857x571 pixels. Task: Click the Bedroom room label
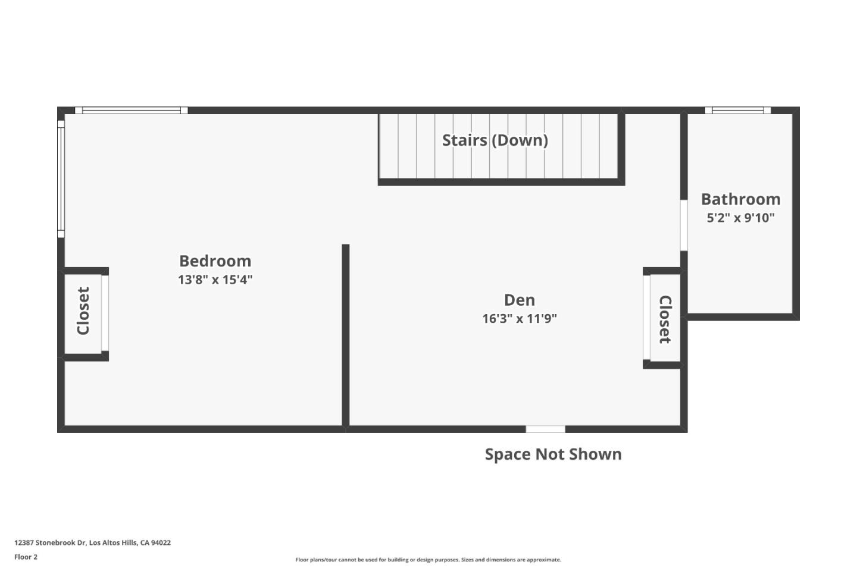pyautogui.click(x=215, y=261)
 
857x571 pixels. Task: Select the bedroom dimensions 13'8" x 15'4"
pyautogui.click(x=215, y=280)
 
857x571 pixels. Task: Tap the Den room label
pyautogui.click(x=519, y=300)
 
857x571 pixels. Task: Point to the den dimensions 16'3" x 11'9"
pyautogui.click(x=519, y=319)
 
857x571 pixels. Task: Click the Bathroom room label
pyautogui.click(x=740, y=199)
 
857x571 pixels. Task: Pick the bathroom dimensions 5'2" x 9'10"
pyautogui.click(x=740, y=218)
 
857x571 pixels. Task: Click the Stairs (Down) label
pyautogui.click(x=495, y=140)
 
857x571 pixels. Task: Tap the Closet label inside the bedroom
pyautogui.click(x=83, y=311)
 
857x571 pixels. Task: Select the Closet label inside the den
pyautogui.click(x=665, y=319)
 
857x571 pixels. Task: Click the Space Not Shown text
pyautogui.click(x=553, y=454)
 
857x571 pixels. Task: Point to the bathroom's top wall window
pyautogui.click(x=738, y=110)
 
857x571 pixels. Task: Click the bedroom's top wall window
pyautogui.click(x=132, y=110)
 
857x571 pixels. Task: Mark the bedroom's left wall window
pyautogui.click(x=61, y=179)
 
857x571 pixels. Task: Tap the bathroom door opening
pyautogui.click(x=684, y=225)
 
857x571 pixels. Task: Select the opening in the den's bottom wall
pyautogui.click(x=545, y=429)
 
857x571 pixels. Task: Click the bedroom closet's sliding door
pyautogui.click(x=105, y=313)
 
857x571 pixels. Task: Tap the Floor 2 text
pyautogui.click(x=26, y=557)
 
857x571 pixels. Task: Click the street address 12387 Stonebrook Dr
pyautogui.click(x=92, y=542)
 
